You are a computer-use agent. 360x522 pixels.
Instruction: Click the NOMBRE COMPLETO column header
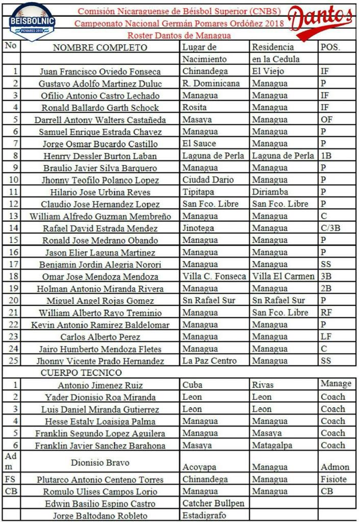coord(100,48)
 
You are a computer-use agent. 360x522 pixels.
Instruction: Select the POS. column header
coord(330,47)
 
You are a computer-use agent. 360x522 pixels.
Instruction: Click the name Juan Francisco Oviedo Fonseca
coord(100,72)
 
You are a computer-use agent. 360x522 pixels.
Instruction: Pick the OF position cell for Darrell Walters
coord(326,120)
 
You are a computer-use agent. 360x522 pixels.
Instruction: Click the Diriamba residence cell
coord(270,192)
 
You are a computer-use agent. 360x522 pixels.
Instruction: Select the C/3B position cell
coord(330,228)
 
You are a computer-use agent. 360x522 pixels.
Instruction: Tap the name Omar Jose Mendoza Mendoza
coord(100,277)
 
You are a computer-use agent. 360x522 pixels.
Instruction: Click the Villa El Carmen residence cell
coord(283,276)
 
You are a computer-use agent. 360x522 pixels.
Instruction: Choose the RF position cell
coord(326,312)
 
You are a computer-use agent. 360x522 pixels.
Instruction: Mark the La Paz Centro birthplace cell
coord(210,361)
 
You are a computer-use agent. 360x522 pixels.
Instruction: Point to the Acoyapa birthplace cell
coord(199,467)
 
